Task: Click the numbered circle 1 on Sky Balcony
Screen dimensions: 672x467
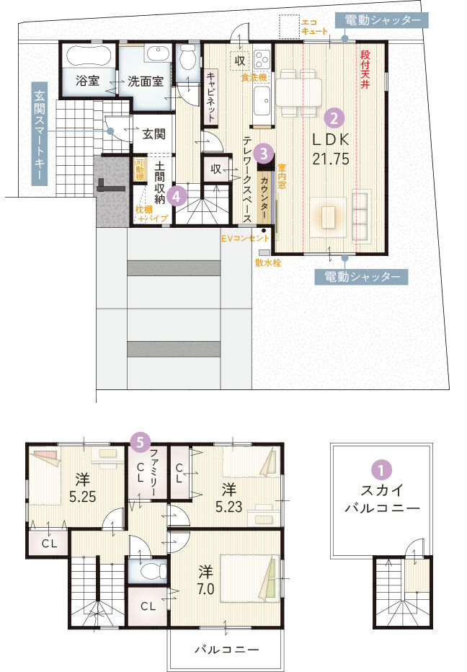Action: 380,469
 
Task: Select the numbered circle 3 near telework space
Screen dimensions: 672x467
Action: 265,152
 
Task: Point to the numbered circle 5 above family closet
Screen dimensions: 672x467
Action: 141,439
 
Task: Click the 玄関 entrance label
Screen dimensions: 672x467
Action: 153,133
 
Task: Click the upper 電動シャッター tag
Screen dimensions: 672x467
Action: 383,20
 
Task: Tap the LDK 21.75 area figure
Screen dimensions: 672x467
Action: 331,159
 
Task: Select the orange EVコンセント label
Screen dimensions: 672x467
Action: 245,238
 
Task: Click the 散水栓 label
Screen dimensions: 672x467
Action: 267,262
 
